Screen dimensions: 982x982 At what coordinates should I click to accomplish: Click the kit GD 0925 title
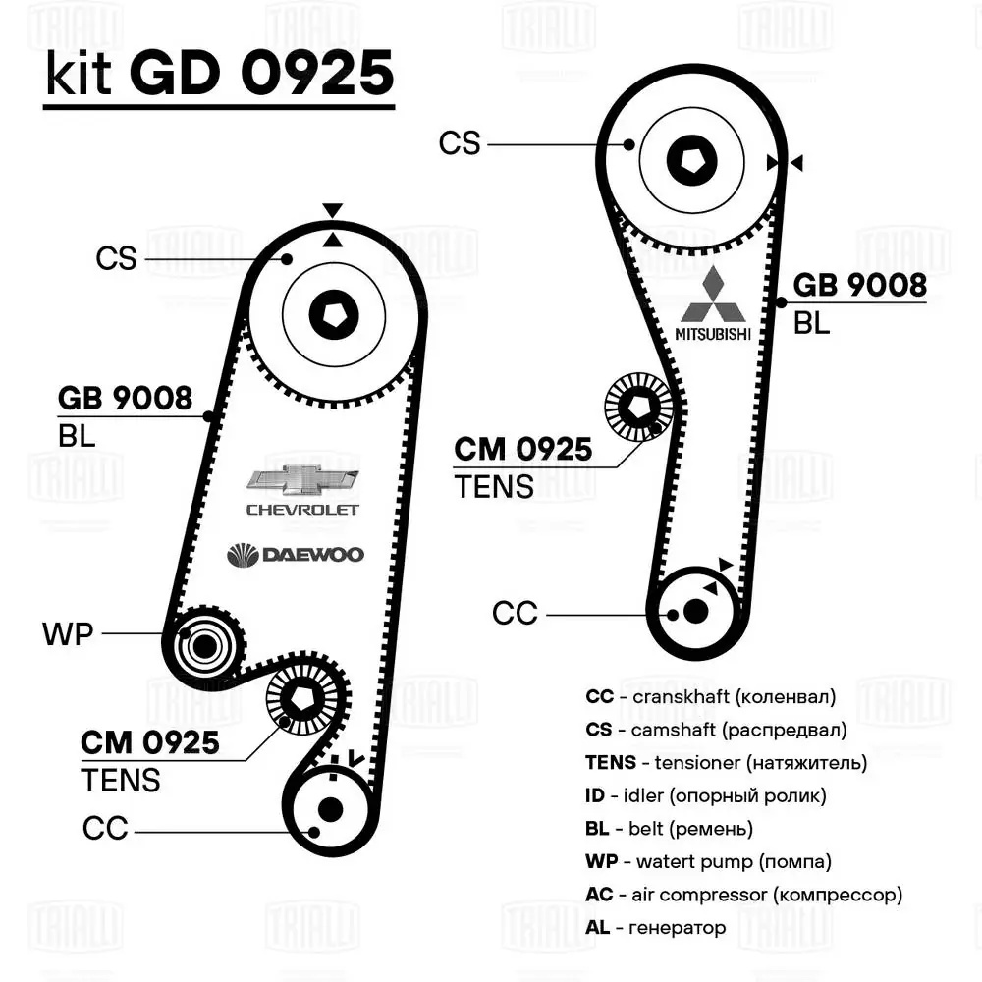[x=219, y=75]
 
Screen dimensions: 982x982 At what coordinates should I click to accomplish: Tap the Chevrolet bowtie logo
[x=301, y=479]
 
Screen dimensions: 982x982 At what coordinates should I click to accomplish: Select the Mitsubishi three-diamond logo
[x=715, y=296]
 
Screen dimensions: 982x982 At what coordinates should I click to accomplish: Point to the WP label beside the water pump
[x=67, y=634]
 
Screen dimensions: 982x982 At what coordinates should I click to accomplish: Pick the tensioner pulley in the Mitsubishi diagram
[x=637, y=408]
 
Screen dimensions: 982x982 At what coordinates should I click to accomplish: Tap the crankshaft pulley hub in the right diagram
[x=695, y=611]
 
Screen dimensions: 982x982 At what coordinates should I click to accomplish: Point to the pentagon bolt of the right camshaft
[x=691, y=157]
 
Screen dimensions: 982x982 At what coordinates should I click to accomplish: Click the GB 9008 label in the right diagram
[x=859, y=285]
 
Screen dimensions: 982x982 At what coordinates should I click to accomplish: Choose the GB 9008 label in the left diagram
[x=125, y=398]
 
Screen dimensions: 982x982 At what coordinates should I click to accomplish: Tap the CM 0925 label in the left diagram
[x=149, y=743]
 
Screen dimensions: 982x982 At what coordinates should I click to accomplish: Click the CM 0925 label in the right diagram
[x=522, y=449]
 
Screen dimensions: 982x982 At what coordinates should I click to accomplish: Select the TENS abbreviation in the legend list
[x=610, y=762]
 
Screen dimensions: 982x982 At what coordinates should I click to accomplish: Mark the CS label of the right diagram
[x=460, y=143]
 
